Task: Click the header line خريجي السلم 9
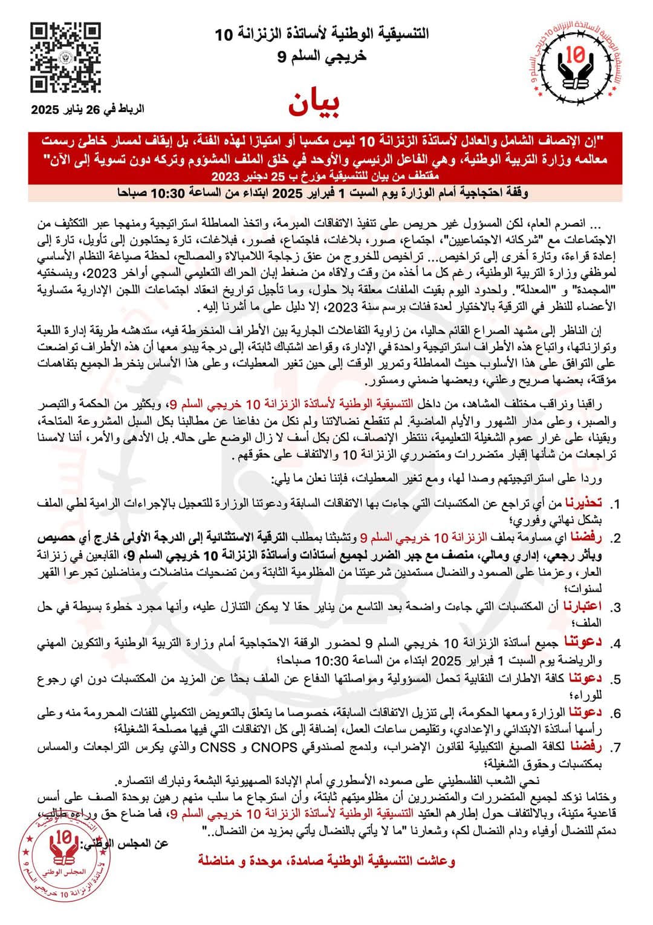pos(322,57)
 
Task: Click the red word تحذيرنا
pos(585,503)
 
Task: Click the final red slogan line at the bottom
pos(326,861)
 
